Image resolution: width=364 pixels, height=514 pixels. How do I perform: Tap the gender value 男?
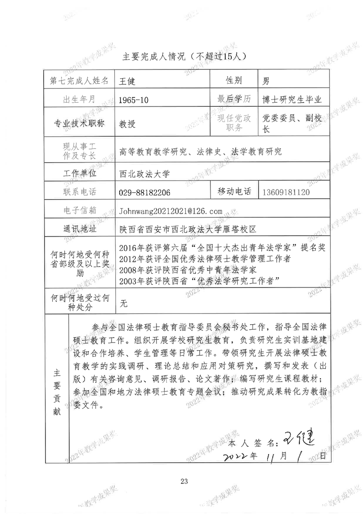point(265,81)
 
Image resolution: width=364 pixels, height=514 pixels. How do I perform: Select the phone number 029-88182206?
point(145,193)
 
